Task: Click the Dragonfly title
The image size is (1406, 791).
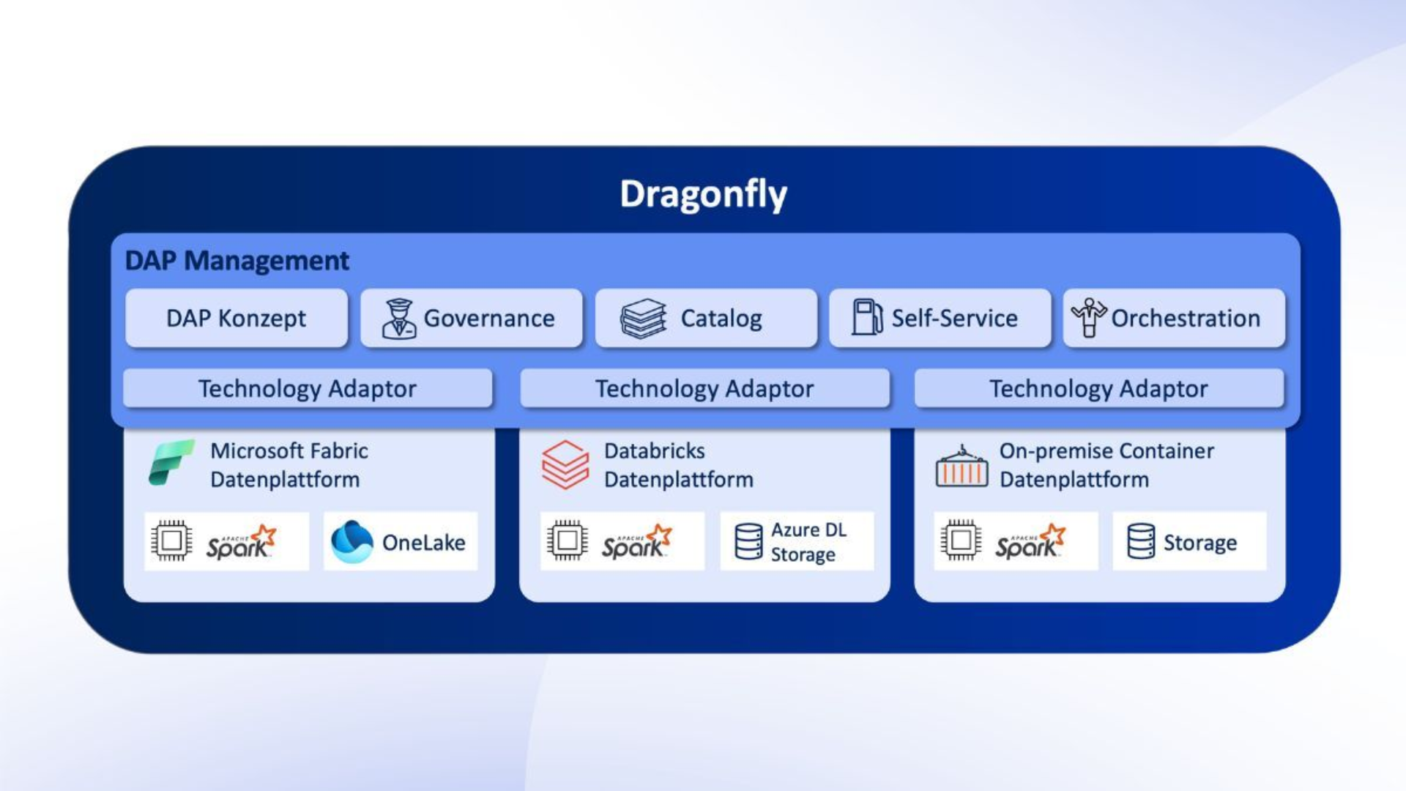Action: [703, 194]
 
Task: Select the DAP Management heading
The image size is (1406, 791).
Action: [237, 261]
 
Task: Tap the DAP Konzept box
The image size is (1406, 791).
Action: [236, 319]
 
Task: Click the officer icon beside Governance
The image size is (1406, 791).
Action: [399, 319]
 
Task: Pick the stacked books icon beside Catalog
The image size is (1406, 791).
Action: [643, 319]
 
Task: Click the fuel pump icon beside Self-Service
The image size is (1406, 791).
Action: [866, 317]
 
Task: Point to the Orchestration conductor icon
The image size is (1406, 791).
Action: [1089, 317]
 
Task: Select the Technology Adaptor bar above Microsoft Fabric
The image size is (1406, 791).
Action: [308, 388]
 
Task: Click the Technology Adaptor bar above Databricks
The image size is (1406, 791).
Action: [704, 388]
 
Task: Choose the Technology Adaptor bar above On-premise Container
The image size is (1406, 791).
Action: [1098, 388]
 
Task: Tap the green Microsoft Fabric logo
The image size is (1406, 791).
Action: [171, 463]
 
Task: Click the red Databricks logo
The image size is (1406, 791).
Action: [565, 464]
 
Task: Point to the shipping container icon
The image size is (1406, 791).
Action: [961, 467]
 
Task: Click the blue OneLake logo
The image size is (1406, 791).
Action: [351, 542]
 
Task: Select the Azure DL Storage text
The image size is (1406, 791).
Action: [808, 542]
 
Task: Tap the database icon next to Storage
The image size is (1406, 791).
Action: [1141, 542]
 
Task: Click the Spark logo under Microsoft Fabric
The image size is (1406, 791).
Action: [240, 543]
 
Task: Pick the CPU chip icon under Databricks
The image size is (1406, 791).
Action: [567, 541]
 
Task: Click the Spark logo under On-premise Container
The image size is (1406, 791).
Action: [1030, 543]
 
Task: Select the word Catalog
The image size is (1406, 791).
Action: [721, 319]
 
